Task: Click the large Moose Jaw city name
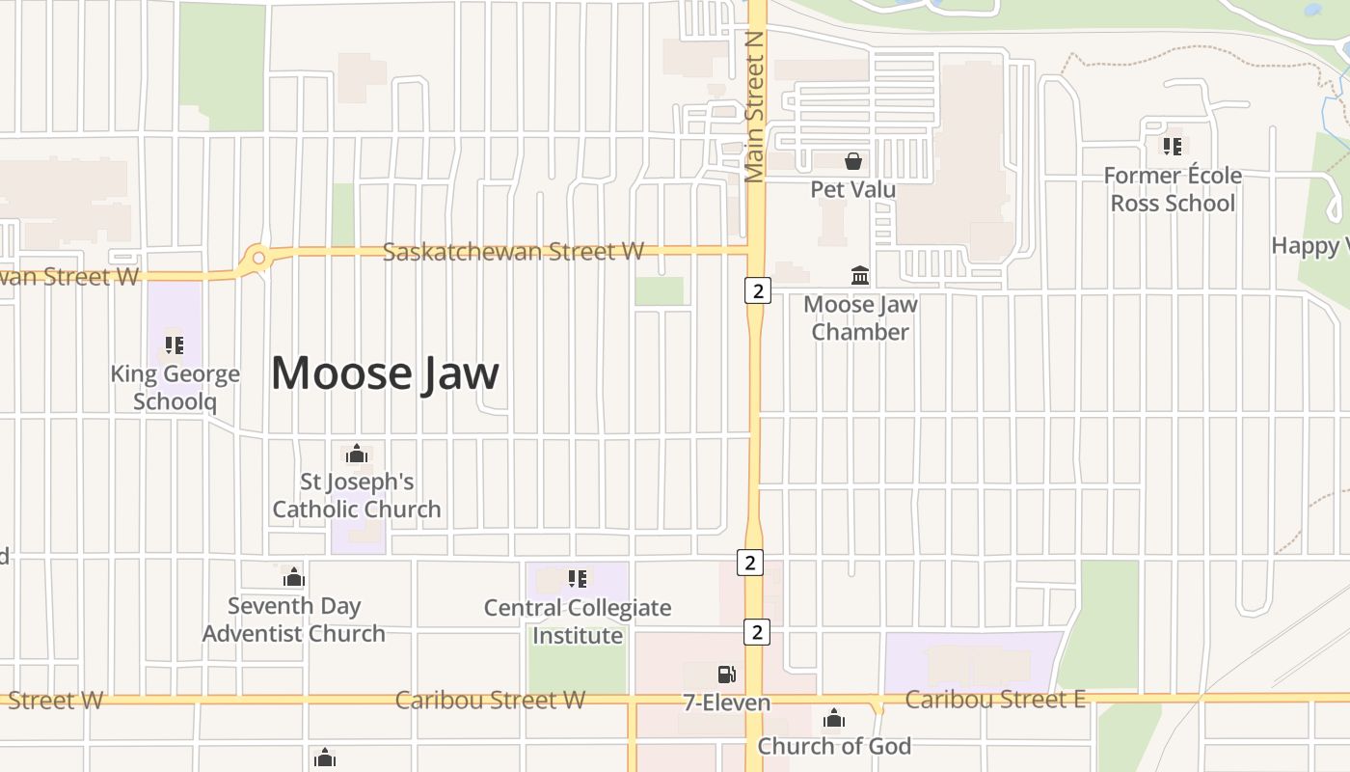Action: click(385, 372)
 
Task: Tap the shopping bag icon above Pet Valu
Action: click(853, 161)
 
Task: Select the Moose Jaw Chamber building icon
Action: click(860, 276)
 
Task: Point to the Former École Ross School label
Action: click(1173, 189)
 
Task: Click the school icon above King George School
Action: click(175, 345)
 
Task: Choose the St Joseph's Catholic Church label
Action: click(357, 495)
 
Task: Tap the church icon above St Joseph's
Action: click(357, 454)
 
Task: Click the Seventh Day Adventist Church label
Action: click(294, 620)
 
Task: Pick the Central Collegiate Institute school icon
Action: click(578, 579)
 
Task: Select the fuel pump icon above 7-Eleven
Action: click(726, 674)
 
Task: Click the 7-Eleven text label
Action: click(727, 703)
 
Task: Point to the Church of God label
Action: click(834, 746)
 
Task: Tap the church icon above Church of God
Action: click(834, 719)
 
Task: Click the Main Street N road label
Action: click(754, 106)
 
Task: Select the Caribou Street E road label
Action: click(995, 700)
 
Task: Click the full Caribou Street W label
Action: click(490, 700)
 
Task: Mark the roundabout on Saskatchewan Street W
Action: click(257, 258)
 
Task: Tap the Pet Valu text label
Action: click(853, 189)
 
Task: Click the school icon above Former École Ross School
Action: click(1173, 147)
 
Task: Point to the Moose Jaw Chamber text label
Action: click(860, 318)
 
